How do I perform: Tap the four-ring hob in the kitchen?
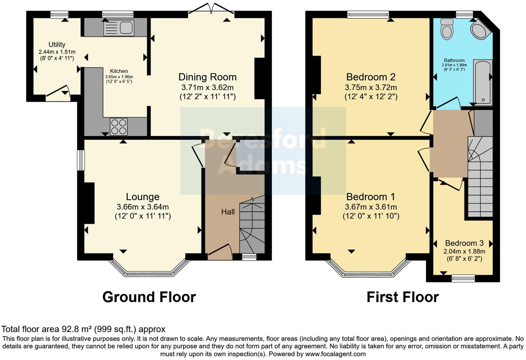(119, 126)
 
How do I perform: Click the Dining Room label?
(207, 77)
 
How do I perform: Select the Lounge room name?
(143, 197)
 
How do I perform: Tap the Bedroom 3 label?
(464, 243)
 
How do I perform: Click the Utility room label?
(57, 45)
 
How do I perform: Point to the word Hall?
(228, 212)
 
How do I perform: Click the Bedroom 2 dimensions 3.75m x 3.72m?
(371, 87)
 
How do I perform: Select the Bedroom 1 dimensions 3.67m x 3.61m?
(371, 207)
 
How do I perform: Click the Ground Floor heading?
(149, 297)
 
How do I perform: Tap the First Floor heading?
(402, 297)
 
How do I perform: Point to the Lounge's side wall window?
(81, 160)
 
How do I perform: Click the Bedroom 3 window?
(463, 278)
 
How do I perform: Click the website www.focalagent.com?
(335, 354)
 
